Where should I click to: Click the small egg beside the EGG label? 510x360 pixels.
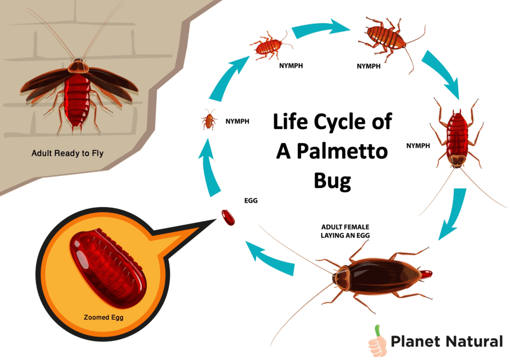228,218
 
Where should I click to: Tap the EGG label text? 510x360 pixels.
251,201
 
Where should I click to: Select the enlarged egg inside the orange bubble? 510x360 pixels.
108,268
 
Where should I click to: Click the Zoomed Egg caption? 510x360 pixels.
104,317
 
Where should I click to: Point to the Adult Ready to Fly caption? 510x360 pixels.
67,153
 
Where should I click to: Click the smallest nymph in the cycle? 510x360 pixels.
209,120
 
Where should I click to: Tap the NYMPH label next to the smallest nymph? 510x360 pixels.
238,121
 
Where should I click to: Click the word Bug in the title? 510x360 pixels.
332,181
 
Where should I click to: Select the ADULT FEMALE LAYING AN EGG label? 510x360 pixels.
345,231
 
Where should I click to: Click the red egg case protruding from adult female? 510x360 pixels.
425,274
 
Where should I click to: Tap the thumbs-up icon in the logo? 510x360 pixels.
378,342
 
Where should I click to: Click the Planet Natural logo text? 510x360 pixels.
447,342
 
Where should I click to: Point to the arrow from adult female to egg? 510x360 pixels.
269,258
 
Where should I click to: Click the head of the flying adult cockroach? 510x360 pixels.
78,66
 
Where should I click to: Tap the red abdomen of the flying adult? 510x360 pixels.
77,100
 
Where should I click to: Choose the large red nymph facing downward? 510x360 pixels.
457,138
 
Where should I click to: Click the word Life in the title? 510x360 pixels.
290,121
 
